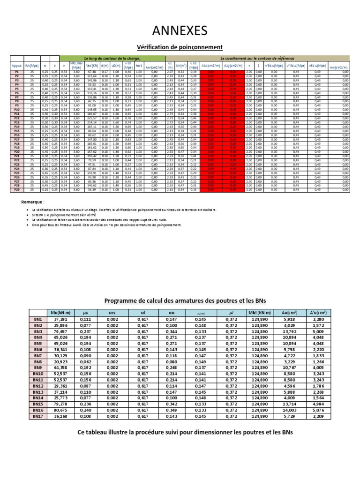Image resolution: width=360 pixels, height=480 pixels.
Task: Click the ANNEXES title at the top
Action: click(x=180, y=31)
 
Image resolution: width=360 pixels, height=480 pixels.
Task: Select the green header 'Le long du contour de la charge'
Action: click(x=112, y=57)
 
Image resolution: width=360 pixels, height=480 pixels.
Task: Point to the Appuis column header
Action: click(x=16, y=66)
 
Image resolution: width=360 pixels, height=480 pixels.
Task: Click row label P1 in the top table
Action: click(x=16, y=72)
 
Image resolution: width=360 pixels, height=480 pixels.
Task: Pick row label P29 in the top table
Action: click(x=16, y=190)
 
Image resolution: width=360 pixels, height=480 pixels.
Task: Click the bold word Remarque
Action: click(x=33, y=202)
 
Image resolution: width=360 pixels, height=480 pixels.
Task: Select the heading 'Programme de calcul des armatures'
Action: click(x=180, y=300)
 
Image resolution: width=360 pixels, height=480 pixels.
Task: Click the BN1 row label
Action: click(x=38, y=319)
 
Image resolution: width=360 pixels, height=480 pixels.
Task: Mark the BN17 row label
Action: click(x=38, y=416)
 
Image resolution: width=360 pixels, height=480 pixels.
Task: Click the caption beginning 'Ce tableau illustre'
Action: click(x=180, y=432)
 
